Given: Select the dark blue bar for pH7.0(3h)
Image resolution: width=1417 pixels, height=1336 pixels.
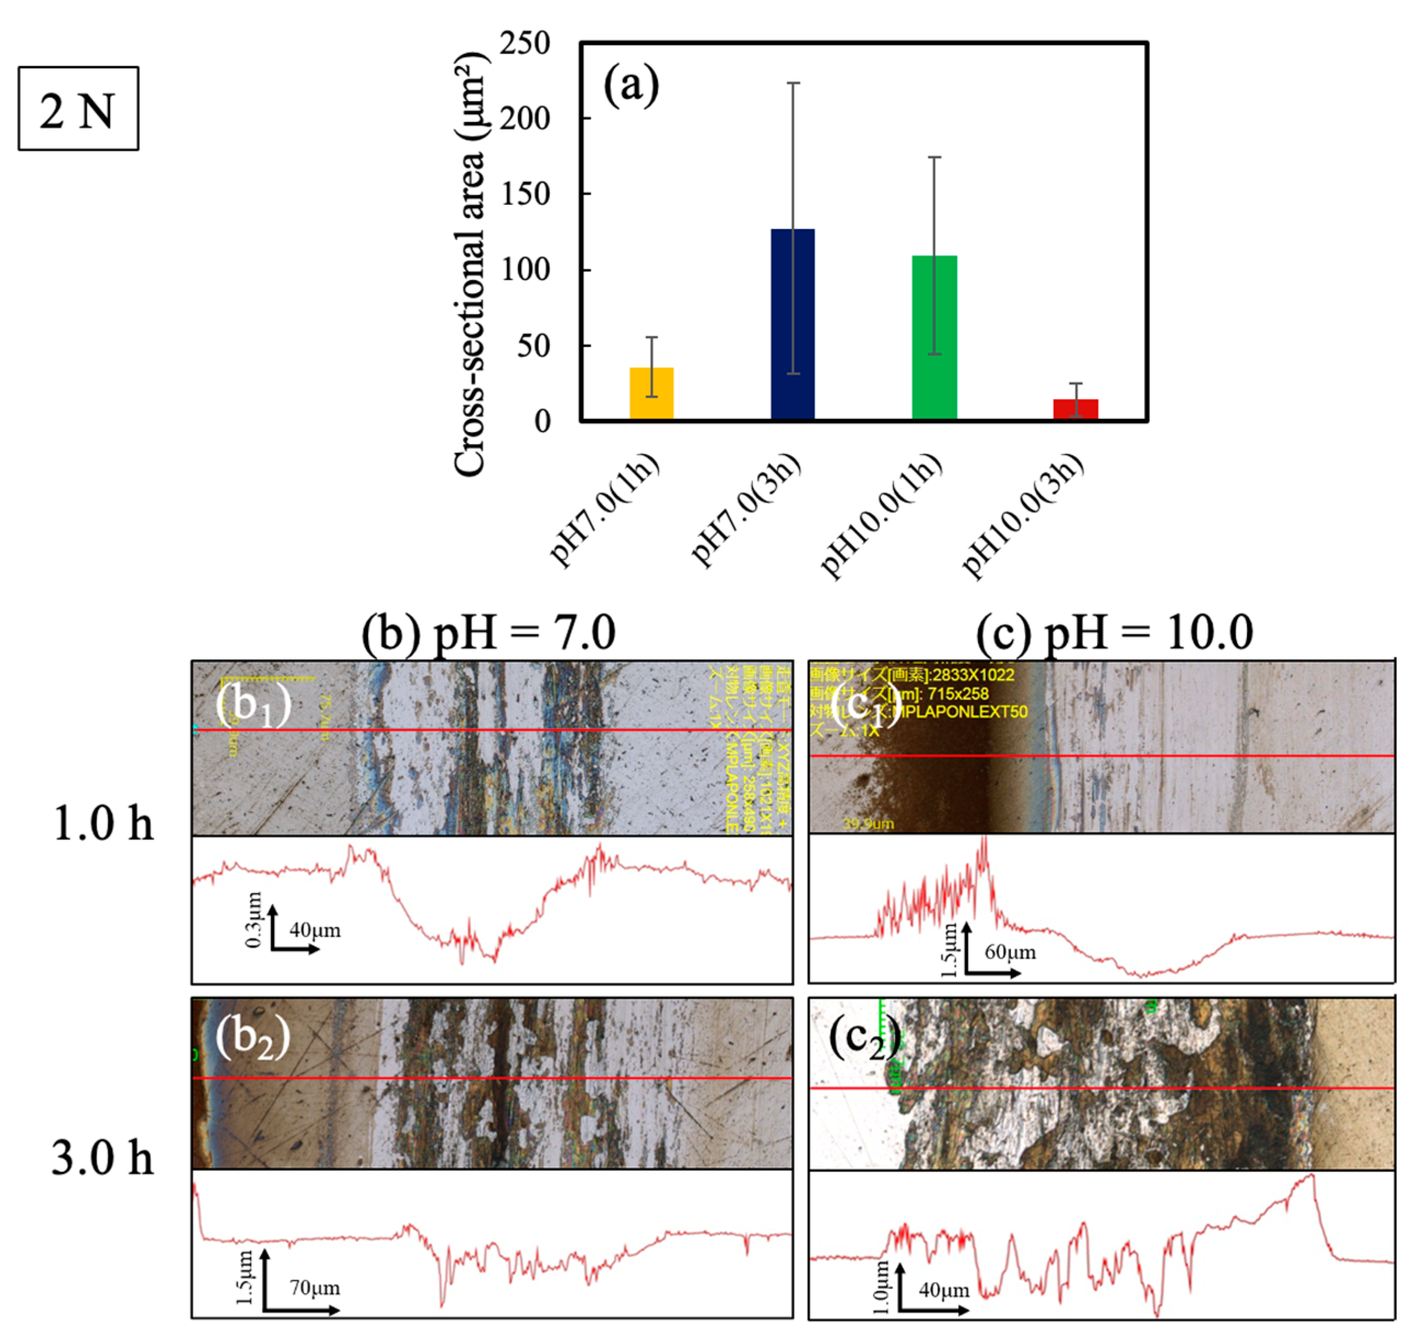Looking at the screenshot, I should (x=792, y=324).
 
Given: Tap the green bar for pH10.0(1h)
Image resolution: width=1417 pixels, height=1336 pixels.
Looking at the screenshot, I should (x=934, y=337).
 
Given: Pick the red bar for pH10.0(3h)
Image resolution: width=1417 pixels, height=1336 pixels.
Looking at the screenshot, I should (x=1075, y=409).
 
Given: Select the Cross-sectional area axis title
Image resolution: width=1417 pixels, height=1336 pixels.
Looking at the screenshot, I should (x=471, y=264).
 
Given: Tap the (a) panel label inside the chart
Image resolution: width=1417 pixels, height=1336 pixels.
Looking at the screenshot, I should (x=630, y=86).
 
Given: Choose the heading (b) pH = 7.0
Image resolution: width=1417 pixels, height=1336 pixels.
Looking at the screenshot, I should (x=488, y=632).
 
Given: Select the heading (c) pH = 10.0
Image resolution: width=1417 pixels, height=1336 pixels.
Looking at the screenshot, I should (x=1113, y=632).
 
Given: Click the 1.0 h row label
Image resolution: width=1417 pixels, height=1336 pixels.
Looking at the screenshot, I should (x=103, y=824).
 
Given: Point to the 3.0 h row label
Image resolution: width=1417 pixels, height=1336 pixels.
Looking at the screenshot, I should (x=103, y=1158).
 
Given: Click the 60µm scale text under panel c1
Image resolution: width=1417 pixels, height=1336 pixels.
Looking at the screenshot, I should (x=1010, y=952).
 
